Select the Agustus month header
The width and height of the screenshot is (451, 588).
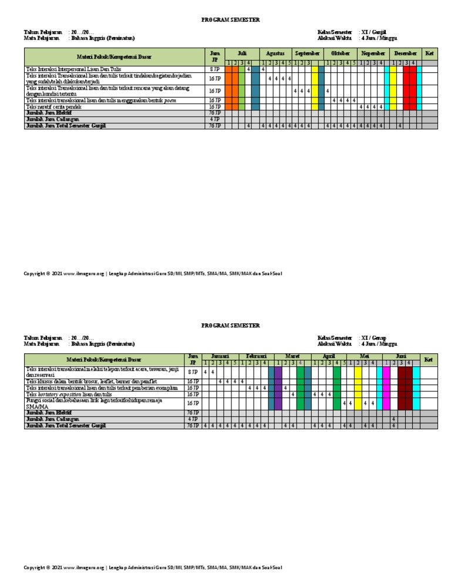click(x=275, y=53)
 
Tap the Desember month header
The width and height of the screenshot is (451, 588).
click(x=405, y=53)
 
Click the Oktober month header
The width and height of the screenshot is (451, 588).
click(x=340, y=53)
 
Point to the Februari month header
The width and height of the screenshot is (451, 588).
click(x=256, y=356)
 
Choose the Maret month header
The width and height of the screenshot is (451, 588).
click(x=292, y=356)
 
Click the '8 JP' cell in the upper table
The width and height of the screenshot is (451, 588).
click(x=215, y=69)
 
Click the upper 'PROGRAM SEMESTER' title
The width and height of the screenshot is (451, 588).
click(x=230, y=20)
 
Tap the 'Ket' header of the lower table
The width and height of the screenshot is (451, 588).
click(x=429, y=359)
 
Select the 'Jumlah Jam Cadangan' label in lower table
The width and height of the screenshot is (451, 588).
click(x=52, y=420)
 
